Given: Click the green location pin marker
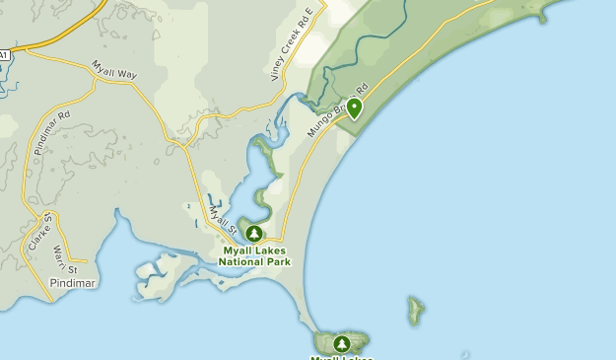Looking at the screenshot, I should (x=353, y=108).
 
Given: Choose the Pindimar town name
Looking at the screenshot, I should (x=72, y=283).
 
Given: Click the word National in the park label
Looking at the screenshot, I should (x=241, y=263).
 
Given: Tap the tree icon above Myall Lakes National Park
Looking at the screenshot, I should (x=254, y=234).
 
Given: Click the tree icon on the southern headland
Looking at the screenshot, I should (x=342, y=344).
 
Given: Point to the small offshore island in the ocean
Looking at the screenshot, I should (x=416, y=311).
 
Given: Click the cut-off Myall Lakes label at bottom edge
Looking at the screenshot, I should (x=342, y=357).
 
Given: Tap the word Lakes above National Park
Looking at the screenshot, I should (x=271, y=252).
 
